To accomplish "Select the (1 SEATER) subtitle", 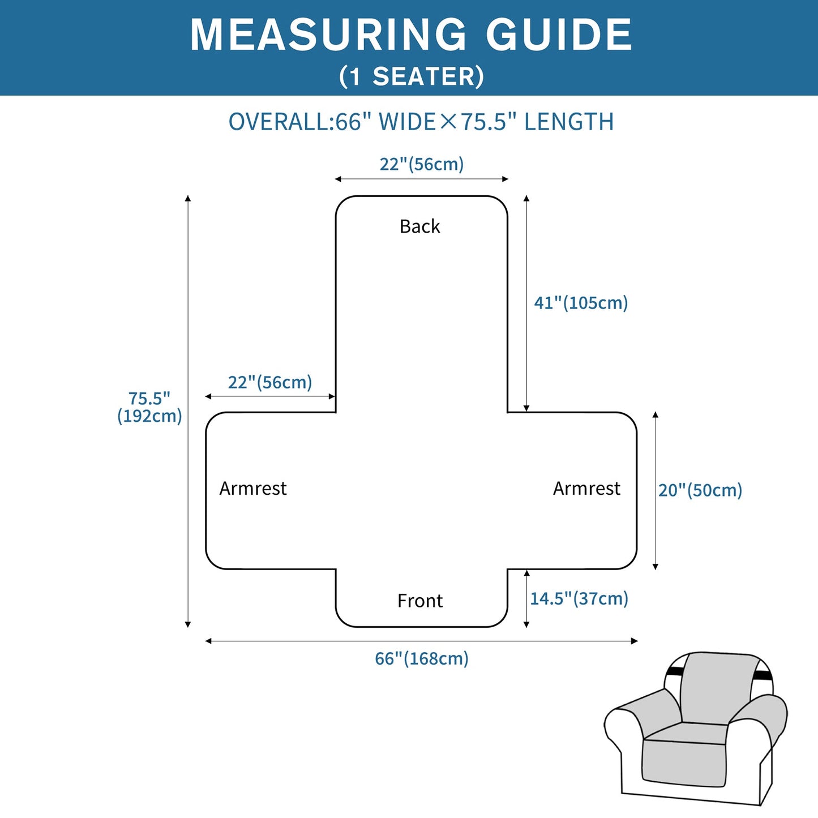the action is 412,76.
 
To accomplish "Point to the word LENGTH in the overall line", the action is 569,122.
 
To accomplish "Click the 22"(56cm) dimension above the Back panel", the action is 422,164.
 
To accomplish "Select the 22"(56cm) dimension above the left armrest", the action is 270,383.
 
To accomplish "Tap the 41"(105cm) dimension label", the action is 581,303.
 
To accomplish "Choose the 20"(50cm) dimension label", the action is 700,490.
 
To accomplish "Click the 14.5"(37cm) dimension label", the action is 579,598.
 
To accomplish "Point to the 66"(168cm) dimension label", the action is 422,658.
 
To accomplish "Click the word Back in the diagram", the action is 420,226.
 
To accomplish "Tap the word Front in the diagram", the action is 420,601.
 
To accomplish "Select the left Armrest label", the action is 253,488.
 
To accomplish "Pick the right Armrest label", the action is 586,488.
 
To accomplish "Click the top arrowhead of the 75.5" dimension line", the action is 187,198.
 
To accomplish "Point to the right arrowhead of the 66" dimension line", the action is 635,641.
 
